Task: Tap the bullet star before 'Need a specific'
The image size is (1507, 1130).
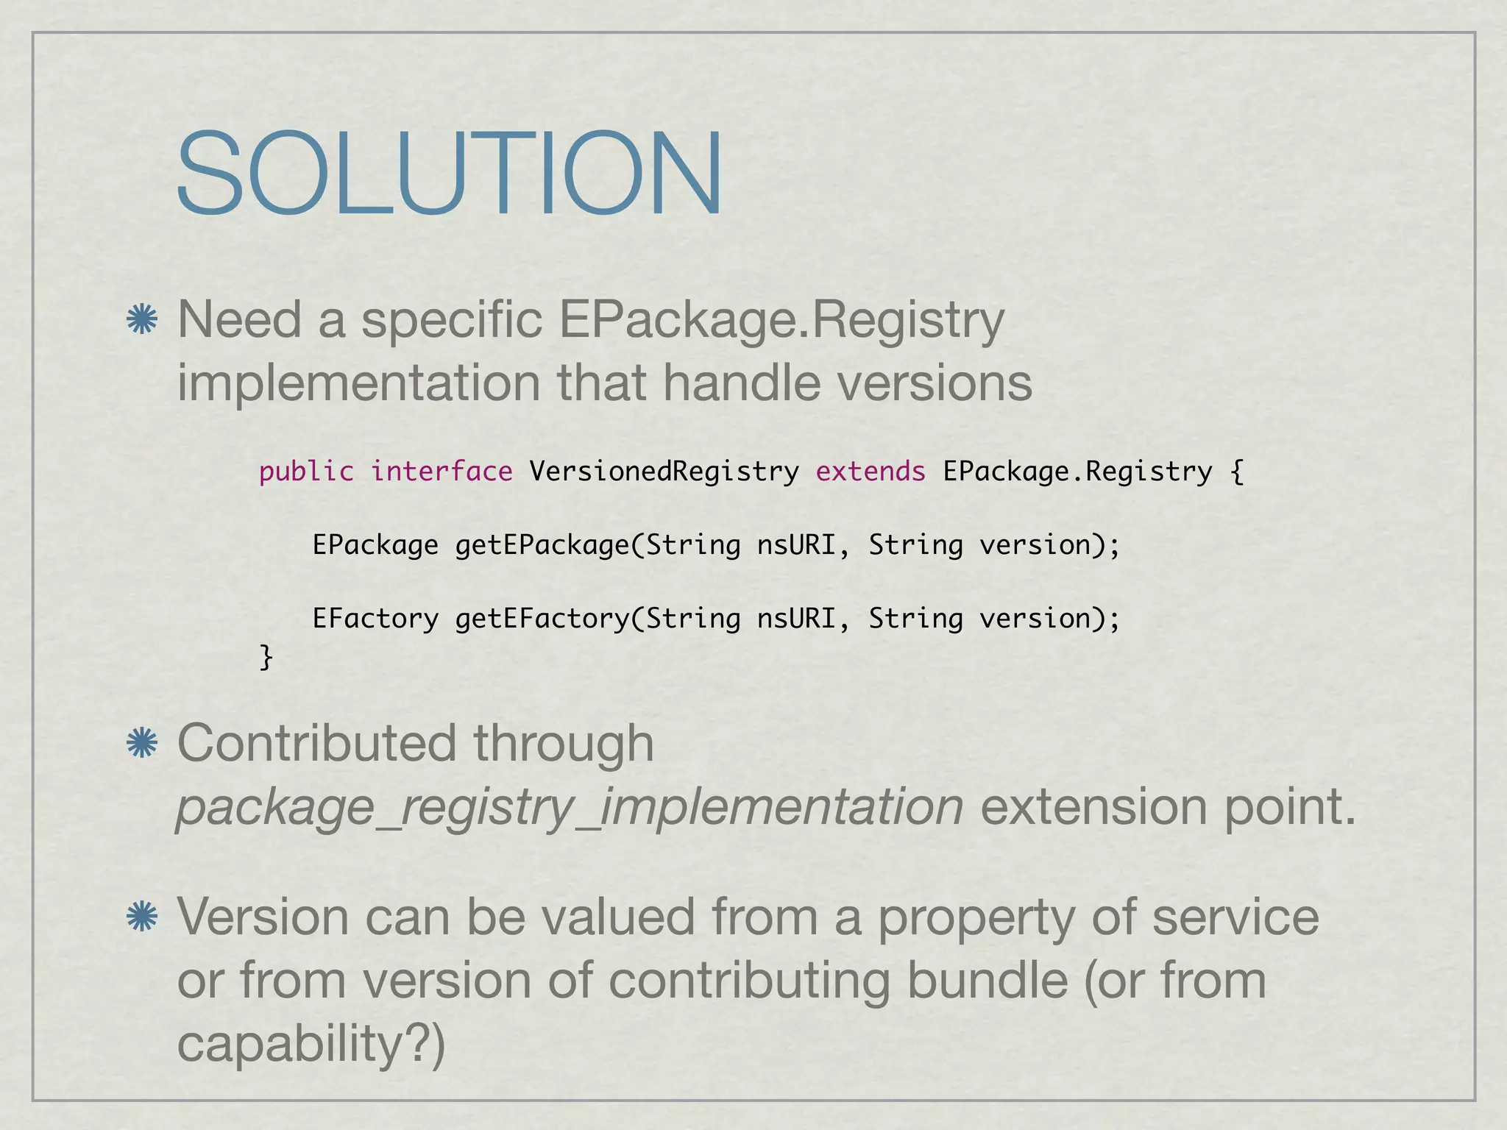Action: click(142, 320)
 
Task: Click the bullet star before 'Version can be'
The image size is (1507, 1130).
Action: click(142, 917)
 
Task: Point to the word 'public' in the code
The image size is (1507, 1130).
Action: click(306, 472)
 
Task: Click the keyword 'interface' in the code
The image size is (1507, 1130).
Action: click(442, 472)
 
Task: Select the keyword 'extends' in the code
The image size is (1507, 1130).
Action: click(870, 472)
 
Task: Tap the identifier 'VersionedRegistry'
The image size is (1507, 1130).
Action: click(664, 472)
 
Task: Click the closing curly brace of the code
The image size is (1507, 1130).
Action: click(266, 655)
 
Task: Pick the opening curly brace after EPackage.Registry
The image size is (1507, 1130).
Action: click(1237, 472)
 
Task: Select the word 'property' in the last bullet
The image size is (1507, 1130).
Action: click(976, 918)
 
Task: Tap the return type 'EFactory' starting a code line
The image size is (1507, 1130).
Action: click(375, 619)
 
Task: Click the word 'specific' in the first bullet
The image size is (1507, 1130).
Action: click(452, 321)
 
